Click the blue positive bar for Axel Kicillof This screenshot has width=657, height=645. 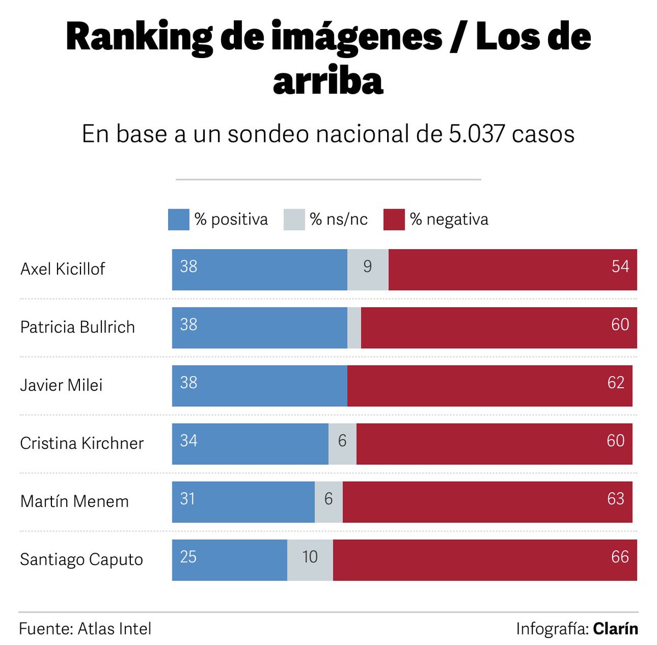[x=260, y=269]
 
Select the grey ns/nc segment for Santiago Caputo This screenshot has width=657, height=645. [x=310, y=560]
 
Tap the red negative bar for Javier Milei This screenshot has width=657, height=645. [x=489, y=385]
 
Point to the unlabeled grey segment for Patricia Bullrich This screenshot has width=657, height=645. [x=354, y=327]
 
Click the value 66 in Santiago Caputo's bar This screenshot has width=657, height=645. [x=620, y=557]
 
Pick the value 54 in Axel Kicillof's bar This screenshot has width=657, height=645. [x=620, y=267]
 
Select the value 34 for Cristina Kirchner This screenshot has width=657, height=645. [x=189, y=441]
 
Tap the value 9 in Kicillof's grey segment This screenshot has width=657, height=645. [x=367, y=267]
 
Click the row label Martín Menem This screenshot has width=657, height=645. [x=74, y=502]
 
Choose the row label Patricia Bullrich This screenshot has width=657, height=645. [x=77, y=327]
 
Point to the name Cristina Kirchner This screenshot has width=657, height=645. [x=82, y=444]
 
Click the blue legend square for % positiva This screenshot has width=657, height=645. [x=178, y=220]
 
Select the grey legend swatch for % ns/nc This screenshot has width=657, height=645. [x=294, y=220]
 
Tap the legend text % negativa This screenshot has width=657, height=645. [x=449, y=220]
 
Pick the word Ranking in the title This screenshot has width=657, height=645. [x=139, y=37]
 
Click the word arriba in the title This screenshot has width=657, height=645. [x=328, y=81]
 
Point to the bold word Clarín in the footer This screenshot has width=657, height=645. [x=615, y=629]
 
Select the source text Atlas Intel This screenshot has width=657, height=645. [x=114, y=629]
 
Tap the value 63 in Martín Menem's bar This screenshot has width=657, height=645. [x=615, y=499]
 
